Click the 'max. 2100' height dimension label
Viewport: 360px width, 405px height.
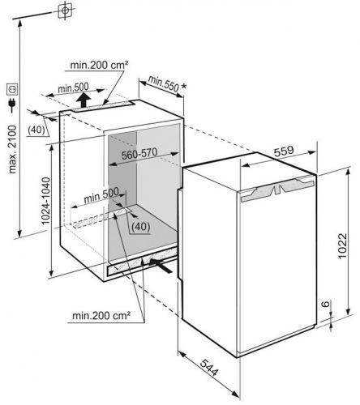(12, 149)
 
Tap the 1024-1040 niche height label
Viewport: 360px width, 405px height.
(46, 201)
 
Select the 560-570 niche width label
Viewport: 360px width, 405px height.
(139, 153)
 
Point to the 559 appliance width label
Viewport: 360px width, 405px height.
(284, 151)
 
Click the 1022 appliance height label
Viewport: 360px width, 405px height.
(342, 245)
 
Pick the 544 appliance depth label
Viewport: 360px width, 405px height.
(208, 368)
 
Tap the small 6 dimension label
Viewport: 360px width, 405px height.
(326, 304)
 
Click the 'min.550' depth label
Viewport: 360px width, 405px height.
(164, 83)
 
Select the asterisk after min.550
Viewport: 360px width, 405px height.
(184, 87)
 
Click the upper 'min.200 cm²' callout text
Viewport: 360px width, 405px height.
(99, 65)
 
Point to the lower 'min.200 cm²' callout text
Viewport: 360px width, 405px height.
(101, 315)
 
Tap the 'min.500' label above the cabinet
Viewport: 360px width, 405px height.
(73, 87)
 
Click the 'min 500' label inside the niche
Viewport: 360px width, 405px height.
(101, 195)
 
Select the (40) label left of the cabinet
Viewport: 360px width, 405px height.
(36, 130)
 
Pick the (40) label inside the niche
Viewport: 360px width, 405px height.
(140, 227)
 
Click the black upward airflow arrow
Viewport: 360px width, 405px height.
(83, 100)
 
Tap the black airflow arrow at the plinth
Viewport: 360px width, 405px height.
(161, 265)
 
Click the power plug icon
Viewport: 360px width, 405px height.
(12, 105)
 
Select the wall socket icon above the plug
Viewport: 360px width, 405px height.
(12, 89)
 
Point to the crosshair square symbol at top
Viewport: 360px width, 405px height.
(65, 11)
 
